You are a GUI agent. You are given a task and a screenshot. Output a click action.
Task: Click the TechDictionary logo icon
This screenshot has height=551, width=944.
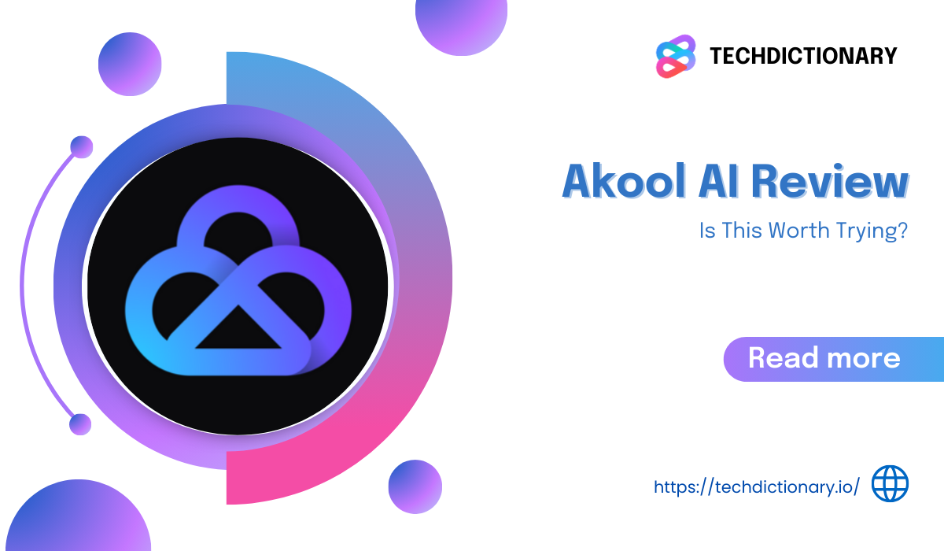pyautogui.click(x=676, y=56)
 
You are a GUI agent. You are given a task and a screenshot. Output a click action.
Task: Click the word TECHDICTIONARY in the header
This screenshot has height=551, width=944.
pyautogui.click(x=803, y=56)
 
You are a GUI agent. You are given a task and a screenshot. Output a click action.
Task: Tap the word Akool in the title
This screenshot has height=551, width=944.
pyautogui.click(x=624, y=181)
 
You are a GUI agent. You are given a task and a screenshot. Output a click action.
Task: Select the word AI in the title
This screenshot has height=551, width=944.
pyautogui.click(x=718, y=181)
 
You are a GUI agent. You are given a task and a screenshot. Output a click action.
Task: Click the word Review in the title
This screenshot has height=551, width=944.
pyautogui.click(x=829, y=181)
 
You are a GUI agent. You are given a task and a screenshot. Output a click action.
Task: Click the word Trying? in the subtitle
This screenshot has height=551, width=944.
pyautogui.click(x=872, y=231)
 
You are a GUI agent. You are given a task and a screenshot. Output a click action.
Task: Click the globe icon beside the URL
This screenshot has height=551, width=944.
pyautogui.click(x=890, y=483)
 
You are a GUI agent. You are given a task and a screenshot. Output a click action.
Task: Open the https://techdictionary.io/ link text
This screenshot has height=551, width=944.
pyautogui.click(x=757, y=487)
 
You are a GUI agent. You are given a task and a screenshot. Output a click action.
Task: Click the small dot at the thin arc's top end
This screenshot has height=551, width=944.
pyautogui.click(x=81, y=147)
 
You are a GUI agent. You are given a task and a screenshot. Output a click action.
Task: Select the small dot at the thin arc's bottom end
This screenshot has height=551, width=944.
pyautogui.click(x=80, y=424)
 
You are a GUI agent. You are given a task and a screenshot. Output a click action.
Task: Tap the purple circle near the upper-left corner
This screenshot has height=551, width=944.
pyautogui.click(x=130, y=64)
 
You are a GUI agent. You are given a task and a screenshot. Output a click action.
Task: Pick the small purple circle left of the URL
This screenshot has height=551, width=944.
pyautogui.click(x=415, y=486)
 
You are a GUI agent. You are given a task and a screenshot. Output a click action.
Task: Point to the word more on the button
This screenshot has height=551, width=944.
pyautogui.click(x=864, y=358)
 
